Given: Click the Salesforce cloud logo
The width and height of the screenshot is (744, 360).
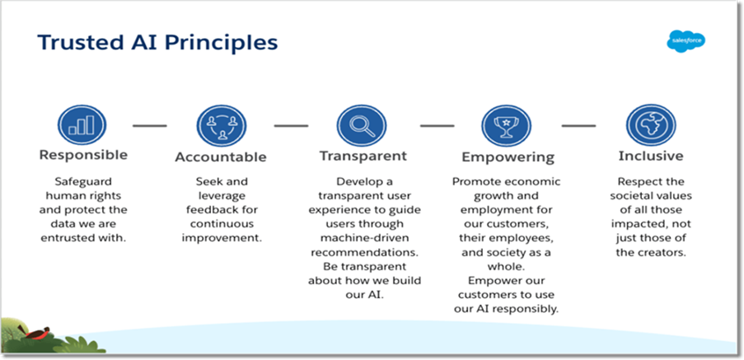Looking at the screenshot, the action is click(x=686, y=41).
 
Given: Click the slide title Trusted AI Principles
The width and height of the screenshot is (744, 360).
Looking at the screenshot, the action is click(x=157, y=42).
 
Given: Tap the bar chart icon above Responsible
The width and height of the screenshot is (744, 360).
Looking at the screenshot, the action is click(x=82, y=125).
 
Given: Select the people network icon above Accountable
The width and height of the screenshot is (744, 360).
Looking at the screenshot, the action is click(x=222, y=126).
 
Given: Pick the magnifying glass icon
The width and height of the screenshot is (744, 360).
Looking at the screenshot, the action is click(x=362, y=126).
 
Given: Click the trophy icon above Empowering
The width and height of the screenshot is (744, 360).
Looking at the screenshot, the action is click(x=506, y=126).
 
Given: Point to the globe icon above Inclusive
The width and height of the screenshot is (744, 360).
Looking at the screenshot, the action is click(x=651, y=125).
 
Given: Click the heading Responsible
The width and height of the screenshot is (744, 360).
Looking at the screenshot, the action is click(x=83, y=156).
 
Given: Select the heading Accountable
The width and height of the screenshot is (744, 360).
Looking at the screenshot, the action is click(x=221, y=157).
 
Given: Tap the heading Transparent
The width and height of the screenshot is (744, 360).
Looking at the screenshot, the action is click(x=363, y=156).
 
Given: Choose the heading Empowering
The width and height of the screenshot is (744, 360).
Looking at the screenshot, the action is click(x=508, y=157).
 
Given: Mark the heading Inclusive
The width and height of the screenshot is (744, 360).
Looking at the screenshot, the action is click(x=651, y=156).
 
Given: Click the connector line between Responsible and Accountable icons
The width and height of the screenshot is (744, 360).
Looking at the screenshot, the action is click(x=150, y=126).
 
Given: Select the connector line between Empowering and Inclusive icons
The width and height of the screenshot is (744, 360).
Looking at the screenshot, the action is click(x=579, y=126).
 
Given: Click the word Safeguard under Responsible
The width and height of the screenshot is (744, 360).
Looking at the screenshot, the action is click(x=83, y=182).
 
